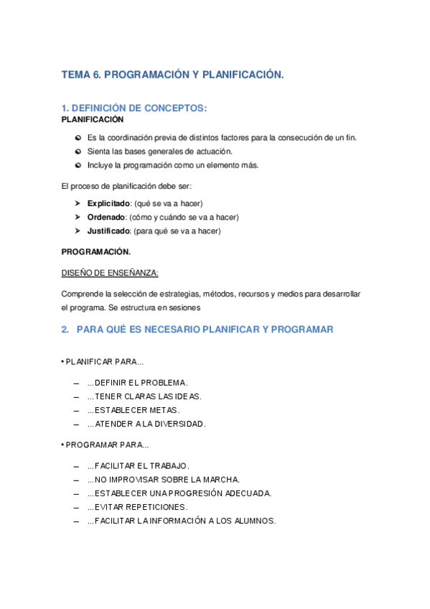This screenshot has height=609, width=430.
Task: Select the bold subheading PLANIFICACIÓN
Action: coord(93,119)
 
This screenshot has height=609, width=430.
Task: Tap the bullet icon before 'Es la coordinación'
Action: coord(78,137)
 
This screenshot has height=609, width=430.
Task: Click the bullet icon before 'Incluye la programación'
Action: coord(78,165)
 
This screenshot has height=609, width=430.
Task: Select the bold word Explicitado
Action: coord(108,203)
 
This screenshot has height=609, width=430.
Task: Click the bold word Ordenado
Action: coord(106,217)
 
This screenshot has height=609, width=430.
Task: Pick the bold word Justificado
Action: coord(108,231)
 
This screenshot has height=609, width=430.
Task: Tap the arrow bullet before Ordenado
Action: coord(78,217)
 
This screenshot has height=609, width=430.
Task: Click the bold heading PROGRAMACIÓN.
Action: coord(96,252)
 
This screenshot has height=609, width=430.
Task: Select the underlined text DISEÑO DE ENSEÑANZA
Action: coord(110,273)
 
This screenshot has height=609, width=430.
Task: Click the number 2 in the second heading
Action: coord(65,330)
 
